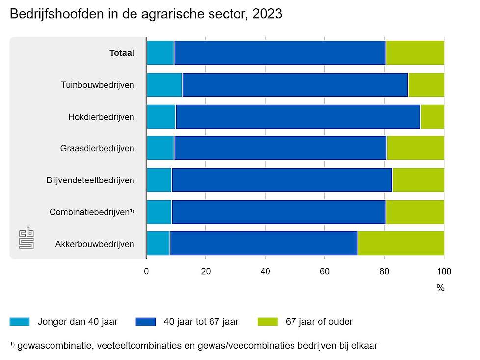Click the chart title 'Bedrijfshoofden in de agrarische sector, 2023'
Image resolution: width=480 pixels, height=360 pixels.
[x=146, y=14]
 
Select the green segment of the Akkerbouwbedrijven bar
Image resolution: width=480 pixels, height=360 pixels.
[x=400, y=244]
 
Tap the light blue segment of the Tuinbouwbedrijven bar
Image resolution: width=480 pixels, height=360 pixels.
[x=164, y=85]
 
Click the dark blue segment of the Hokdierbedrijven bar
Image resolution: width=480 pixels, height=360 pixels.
[x=297, y=117]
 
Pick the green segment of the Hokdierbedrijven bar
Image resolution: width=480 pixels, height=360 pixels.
[x=432, y=117]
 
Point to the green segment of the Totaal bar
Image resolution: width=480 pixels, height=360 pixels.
[x=415, y=53]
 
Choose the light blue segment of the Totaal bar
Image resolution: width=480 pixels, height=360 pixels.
[x=160, y=53]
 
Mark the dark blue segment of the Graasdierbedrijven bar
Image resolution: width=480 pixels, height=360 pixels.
[x=280, y=148]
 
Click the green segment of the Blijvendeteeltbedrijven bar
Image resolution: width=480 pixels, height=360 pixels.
[x=418, y=180]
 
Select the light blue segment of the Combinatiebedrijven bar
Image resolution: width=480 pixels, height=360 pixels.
[x=159, y=212]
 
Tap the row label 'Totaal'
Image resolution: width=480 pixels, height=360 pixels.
[x=122, y=53]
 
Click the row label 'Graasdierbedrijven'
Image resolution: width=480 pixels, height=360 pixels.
[x=97, y=148]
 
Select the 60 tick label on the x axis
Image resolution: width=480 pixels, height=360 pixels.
[x=325, y=271]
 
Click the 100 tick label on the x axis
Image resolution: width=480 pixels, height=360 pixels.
[x=444, y=271]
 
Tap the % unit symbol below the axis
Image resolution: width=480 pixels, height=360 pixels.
[x=440, y=288]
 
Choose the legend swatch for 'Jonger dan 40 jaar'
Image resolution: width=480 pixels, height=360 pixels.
[x=20, y=322]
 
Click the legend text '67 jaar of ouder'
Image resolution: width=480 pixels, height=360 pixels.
[x=319, y=322]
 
